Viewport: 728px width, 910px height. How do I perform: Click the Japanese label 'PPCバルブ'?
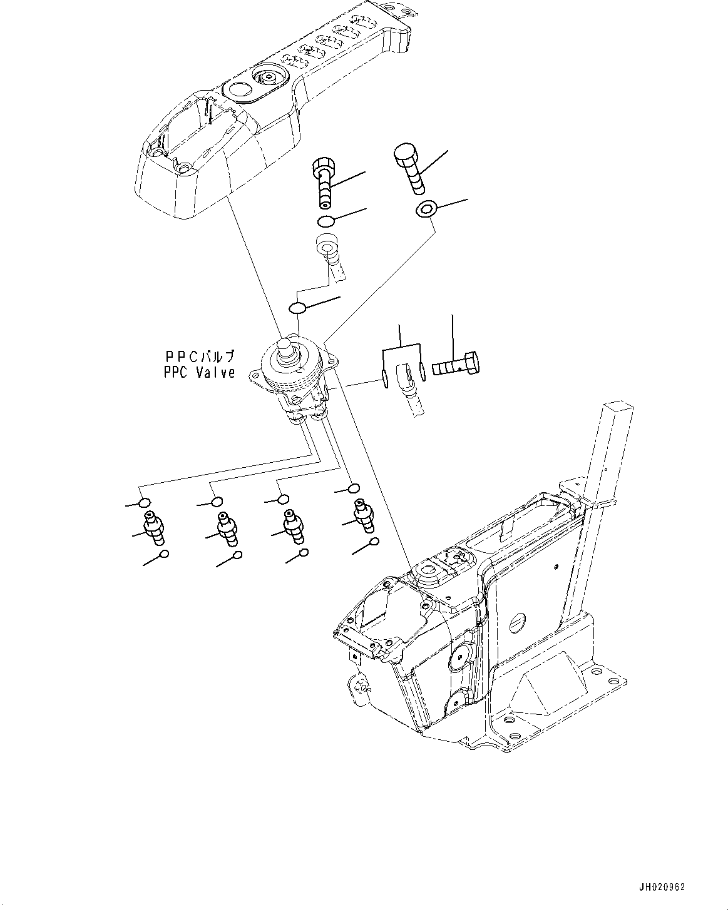[x=200, y=356]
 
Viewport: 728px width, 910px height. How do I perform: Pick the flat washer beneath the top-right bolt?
[x=425, y=210]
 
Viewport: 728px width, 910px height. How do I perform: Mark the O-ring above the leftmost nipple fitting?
[x=145, y=503]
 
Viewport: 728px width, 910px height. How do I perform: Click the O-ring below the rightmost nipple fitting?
[x=374, y=542]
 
